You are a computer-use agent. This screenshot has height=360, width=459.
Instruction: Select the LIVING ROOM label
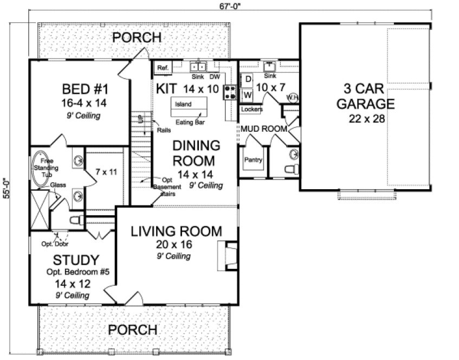tap(177, 232)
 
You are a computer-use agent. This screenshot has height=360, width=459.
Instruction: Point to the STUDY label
tap(76, 259)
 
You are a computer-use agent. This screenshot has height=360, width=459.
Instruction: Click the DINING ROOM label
tap(196, 153)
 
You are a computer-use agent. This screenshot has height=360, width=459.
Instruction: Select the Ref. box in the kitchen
tap(162, 67)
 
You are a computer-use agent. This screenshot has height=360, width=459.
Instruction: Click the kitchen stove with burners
tap(229, 93)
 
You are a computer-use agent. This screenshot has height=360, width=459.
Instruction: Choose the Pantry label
tap(253, 160)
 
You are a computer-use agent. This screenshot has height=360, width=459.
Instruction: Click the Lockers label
tap(251, 109)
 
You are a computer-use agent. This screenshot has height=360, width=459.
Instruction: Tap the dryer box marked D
tap(248, 79)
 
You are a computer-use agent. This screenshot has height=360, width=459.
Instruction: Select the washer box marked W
tap(248, 94)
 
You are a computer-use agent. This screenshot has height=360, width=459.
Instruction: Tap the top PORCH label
tap(137, 37)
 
